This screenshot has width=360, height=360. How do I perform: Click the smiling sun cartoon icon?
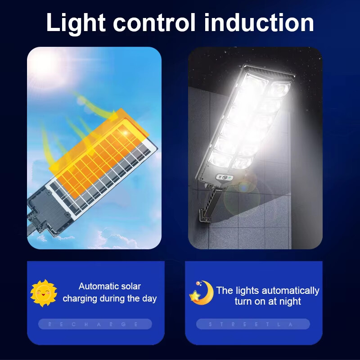click(x=43, y=293)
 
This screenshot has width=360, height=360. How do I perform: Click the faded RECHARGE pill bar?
click(x=95, y=324)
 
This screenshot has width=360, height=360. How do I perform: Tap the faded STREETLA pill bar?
click(x=253, y=324)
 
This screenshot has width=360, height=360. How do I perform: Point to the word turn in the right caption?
click(x=244, y=301)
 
